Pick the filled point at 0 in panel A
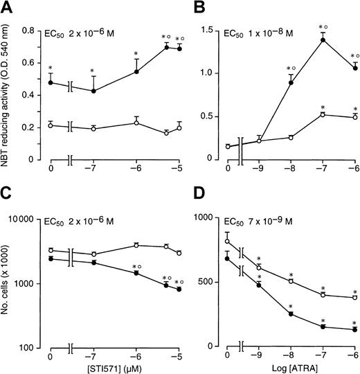coord(51,82)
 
